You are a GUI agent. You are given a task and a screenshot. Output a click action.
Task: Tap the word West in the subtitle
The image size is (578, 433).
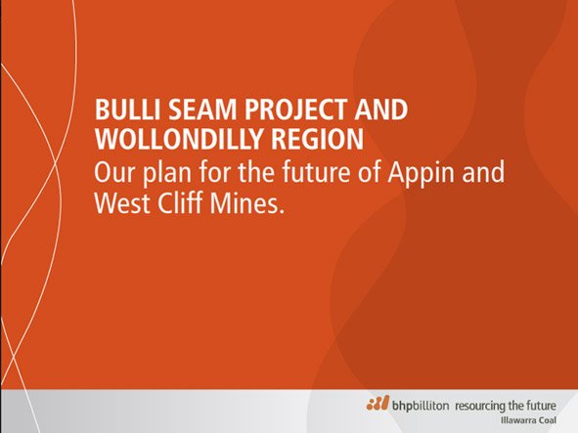122,202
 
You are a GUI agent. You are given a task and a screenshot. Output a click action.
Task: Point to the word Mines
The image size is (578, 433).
247,202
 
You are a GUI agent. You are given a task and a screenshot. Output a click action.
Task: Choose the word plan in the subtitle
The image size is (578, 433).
167,173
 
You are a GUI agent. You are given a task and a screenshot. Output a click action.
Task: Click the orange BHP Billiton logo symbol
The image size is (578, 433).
378,403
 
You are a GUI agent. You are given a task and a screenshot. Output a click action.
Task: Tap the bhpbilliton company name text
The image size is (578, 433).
421,406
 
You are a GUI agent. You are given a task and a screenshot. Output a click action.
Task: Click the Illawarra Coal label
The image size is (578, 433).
528,420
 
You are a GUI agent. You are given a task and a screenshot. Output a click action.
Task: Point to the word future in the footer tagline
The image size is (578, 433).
541,406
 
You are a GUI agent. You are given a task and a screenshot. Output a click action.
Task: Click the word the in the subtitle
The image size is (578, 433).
256,171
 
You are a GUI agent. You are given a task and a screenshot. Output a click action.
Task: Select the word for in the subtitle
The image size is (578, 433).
214,171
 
